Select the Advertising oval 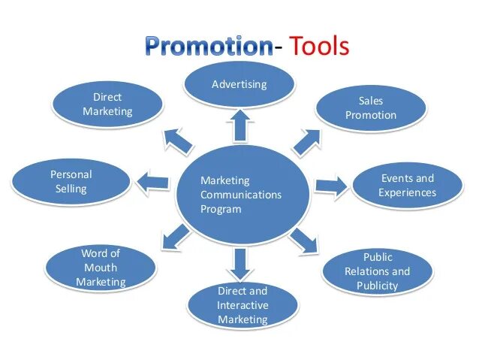tap(239, 84)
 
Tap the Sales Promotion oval tap(371, 108)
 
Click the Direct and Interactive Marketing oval tap(242, 304)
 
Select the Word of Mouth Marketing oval tap(101, 268)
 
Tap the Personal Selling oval tap(71, 181)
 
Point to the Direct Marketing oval tap(107, 104)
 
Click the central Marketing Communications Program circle tap(242, 194)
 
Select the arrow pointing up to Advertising tap(239, 124)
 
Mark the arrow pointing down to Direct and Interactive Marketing tap(239, 262)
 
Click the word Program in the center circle tap(221, 209)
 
